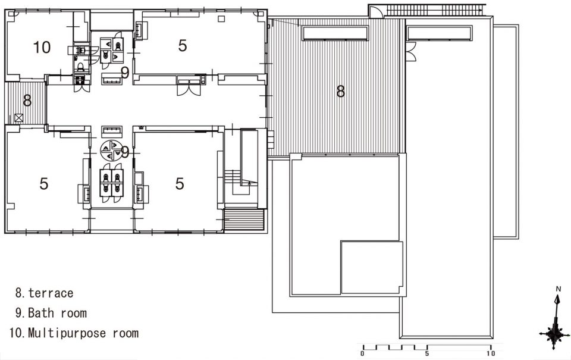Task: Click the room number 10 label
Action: click(x=42, y=48)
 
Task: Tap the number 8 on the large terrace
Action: click(x=340, y=91)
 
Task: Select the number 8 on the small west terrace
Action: click(x=27, y=101)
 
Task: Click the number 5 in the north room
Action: click(x=183, y=46)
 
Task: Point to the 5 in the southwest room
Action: click(x=43, y=184)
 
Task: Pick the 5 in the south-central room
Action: click(x=180, y=184)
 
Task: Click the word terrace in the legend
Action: click(x=51, y=293)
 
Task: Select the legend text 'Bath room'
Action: click(x=57, y=313)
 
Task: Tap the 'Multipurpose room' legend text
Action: click(x=83, y=333)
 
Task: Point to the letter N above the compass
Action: click(x=559, y=289)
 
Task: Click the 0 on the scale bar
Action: click(x=362, y=353)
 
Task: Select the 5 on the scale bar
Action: click(x=427, y=353)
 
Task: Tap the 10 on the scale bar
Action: click(x=491, y=353)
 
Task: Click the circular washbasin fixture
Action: click(x=111, y=151)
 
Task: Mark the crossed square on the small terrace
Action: click(x=19, y=118)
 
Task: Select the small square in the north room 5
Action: click(x=221, y=19)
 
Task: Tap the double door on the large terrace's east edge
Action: click(x=410, y=52)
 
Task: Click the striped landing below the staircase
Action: click(x=244, y=220)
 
